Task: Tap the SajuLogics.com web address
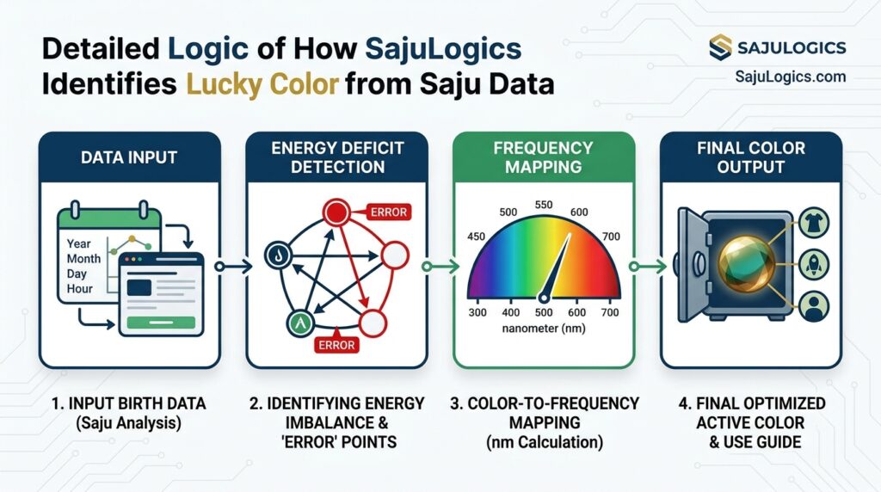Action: (x=790, y=77)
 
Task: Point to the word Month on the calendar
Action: (x=83, y=258)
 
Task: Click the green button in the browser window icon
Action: (x=161, y=321)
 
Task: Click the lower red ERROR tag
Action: (x=336, y=346)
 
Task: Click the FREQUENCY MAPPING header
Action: (x=543, y=157)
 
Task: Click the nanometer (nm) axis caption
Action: (x=544, y=329)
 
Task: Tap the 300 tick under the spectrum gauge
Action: (x=478, y=312)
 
